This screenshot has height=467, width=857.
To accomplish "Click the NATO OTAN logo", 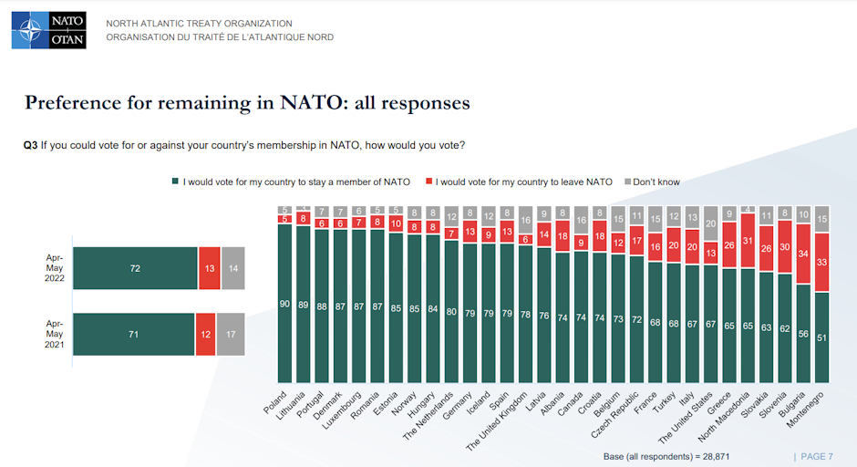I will pyautogui.click(x=48, y=30).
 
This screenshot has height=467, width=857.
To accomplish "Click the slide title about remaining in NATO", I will pyautogui.click(x=247, y=102).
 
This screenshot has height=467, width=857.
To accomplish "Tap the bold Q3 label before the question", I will pyautogui.click(x=30, y=145).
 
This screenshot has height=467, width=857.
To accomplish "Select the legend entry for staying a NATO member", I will pyautogui.click(x=291, y=182).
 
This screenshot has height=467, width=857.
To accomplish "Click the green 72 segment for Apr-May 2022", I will pyautogui.click(x=135, y=268).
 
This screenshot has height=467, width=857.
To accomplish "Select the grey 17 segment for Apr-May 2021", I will pyautogui.click(x=232, y=334).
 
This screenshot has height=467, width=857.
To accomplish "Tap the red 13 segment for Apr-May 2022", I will pyautogui.click(x=210, y=268).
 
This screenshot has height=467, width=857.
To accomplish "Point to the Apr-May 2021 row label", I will pyautogui.click(x=54, y=334).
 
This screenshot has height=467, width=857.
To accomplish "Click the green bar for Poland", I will pyautogui.click(x=285, y=303).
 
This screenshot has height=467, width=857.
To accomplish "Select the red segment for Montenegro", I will pyautogui.click(x=821, y=262).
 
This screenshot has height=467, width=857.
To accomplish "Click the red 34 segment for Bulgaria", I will pyautogui.click(x=802, y=254).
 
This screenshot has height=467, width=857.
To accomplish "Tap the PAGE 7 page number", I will pyautogui.click(x=814, y=455).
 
